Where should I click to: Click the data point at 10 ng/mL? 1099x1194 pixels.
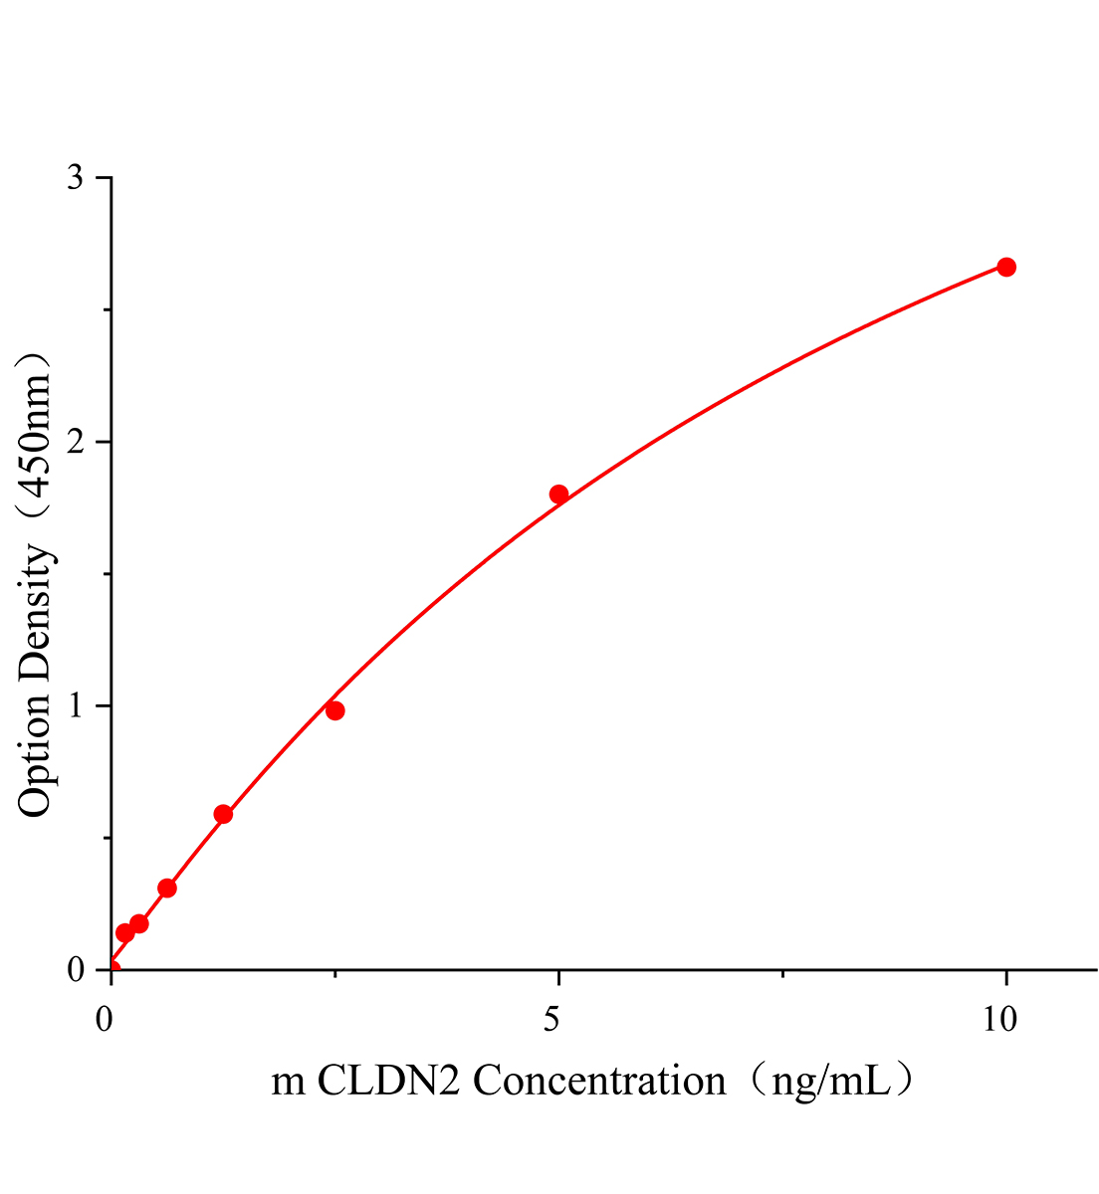coord(1006,267)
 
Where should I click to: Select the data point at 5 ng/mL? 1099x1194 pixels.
coord(558,495)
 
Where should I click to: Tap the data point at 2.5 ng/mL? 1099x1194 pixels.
coord(335,710)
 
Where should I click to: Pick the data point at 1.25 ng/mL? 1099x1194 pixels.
coord(223,814)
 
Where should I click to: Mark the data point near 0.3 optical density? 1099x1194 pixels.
coord(167,888)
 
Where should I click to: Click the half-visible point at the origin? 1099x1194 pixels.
coord(113,968)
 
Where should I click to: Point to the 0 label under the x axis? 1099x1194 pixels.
coord(105,1018)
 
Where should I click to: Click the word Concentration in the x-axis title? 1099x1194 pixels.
coord(599,1081)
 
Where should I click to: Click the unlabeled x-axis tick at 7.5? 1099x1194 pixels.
coord(783,974)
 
